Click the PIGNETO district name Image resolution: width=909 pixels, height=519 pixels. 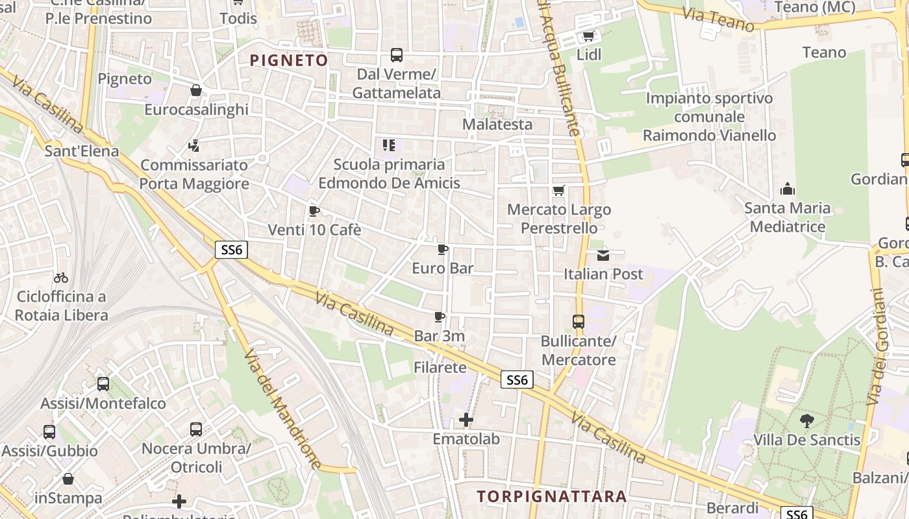[x=289, y=60]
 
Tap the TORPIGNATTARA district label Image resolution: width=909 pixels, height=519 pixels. [x=552, y=496]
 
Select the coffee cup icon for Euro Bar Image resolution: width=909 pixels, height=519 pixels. [x=443, y=250]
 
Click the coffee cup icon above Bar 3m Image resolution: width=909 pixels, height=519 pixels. [x=440, y=317]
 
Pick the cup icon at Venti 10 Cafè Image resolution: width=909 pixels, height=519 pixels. [x=314, y=211]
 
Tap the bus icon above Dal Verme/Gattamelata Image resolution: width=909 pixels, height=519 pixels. [x=396, y=55]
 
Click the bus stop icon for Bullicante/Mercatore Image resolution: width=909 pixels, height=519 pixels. [x=578, y=322]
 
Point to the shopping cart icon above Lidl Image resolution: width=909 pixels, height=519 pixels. [x=588, y=36]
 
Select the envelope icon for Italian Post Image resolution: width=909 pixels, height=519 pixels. [x=603, y=255]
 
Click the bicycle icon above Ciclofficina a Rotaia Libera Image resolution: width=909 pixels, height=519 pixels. [x=61, y=278]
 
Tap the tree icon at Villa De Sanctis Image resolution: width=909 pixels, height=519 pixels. [x=806, y=421]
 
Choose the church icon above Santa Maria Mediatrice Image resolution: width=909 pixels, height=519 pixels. [x=788, y=189]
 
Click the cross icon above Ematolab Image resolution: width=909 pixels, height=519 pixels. [x=466, y=420]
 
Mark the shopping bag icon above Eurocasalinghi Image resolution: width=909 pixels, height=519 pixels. [x=196, y=91]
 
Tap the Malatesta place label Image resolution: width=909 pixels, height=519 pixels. [x=497, y=124]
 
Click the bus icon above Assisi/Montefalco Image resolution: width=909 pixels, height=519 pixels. [x=103, y=384]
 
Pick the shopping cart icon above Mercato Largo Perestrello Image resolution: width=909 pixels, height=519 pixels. [x=558, y=191]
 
